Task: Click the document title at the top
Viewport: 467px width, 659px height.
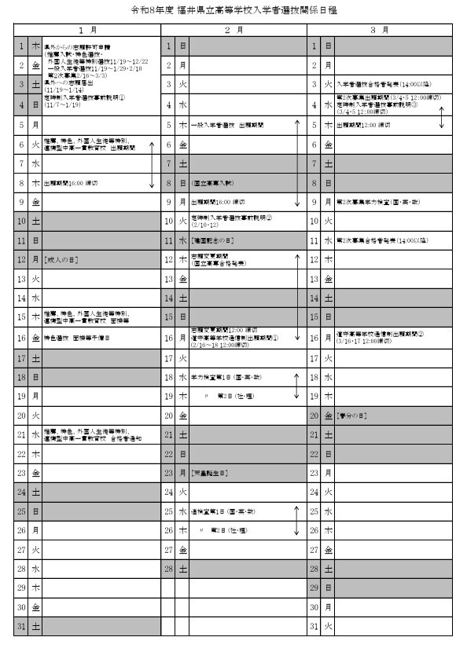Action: (x=233, y=11)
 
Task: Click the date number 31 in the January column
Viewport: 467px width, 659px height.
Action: (x=21, y=626)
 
